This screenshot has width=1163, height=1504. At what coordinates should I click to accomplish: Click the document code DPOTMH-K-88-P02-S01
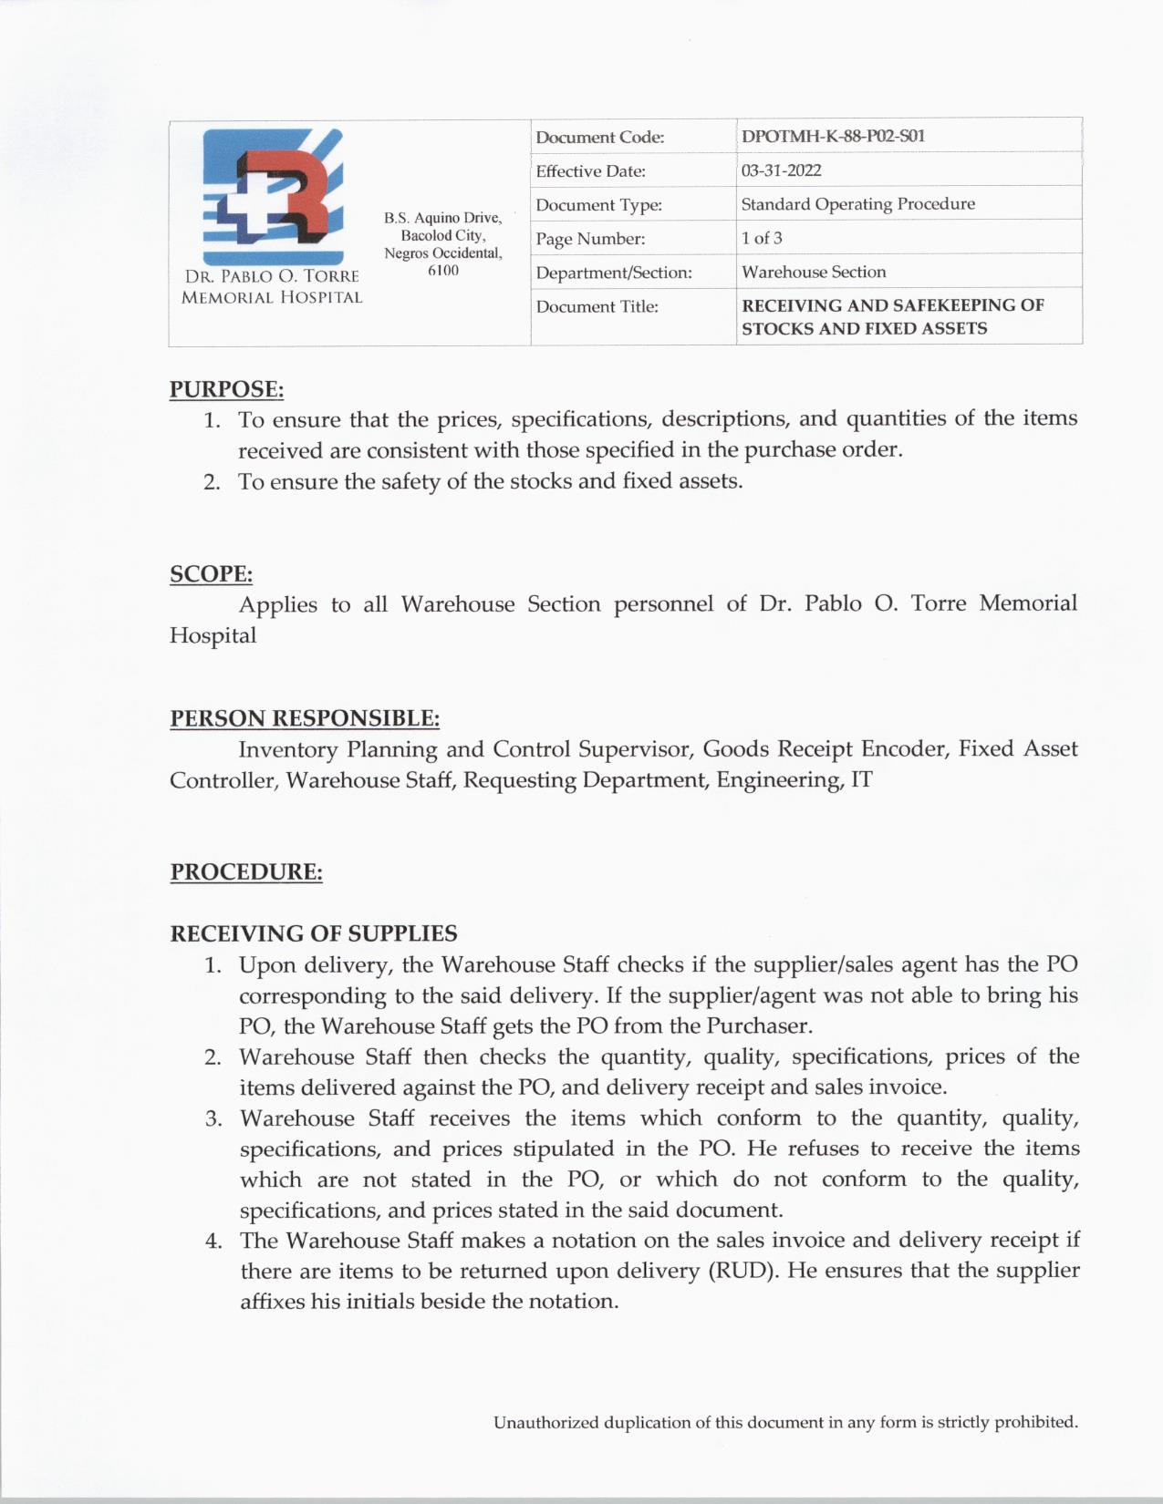point(833,137)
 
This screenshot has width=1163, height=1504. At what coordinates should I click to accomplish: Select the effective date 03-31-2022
point(781,170)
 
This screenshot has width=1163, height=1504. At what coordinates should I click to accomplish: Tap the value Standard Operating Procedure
point(857,204)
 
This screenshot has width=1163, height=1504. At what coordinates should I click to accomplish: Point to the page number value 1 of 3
point(762,238)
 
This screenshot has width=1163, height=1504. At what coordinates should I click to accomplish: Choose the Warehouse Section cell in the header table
point(813,272)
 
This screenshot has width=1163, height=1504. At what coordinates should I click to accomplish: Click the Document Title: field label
point(597,306)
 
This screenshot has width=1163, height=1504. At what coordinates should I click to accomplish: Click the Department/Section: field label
point(614,273)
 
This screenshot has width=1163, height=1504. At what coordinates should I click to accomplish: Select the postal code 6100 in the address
point(443,271)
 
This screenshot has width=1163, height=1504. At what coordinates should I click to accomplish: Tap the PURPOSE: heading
point(226,389)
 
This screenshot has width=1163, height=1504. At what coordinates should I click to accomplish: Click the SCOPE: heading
point(211,574)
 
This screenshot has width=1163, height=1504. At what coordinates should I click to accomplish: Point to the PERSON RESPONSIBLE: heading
point(305,718)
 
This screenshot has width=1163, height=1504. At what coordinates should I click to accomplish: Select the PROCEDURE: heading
point(246,872)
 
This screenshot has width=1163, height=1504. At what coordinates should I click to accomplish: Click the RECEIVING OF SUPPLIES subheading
point(314,933)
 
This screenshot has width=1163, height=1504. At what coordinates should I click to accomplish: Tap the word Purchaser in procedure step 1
point(758,1026)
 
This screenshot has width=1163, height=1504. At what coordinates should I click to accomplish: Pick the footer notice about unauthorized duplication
point(785,1423)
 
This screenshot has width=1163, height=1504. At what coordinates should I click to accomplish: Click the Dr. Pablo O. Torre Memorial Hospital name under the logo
point(272,286)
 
